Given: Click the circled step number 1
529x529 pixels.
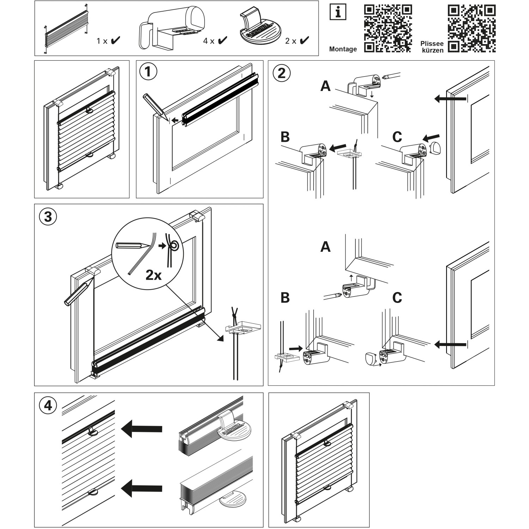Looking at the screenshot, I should [148, 72].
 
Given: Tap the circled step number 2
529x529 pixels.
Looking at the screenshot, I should [282, 73].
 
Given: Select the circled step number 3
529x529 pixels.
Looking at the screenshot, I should [48, 216].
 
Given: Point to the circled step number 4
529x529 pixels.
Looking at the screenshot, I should [48, 405].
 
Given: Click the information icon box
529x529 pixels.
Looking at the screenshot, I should [338, 12].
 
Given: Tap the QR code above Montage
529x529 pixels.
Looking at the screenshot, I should [388, 28].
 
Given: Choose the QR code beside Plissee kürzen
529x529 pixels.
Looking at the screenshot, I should [472, 28].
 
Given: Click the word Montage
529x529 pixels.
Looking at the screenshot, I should [343, 49].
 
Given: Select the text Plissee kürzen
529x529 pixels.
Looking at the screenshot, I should [432, 47].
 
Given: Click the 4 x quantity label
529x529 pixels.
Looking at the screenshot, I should [209, 41].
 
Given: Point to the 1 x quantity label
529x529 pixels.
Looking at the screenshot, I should [102, 41].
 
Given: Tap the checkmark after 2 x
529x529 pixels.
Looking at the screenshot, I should [304, 41].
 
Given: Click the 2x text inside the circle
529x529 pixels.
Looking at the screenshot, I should [153, 275].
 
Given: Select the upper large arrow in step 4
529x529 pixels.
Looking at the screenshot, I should [141, 428].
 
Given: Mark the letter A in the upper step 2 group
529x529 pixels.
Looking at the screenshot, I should [325, 86].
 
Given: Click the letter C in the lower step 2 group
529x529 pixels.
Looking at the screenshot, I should [397, 298].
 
